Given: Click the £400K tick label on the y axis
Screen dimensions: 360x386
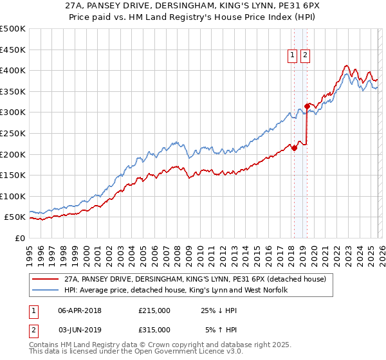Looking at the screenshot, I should [13, 70].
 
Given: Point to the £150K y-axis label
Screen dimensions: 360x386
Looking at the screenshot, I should [13, 175].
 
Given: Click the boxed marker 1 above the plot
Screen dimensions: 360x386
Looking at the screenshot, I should [293, 56].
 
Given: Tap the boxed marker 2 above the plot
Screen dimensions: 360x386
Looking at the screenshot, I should [304, 56].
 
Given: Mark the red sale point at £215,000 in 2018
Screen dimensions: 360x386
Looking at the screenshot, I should [294, 148].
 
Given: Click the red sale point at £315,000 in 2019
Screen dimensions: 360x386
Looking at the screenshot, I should [307, 105].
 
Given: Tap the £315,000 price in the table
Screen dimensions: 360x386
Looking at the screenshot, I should [154, 329].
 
